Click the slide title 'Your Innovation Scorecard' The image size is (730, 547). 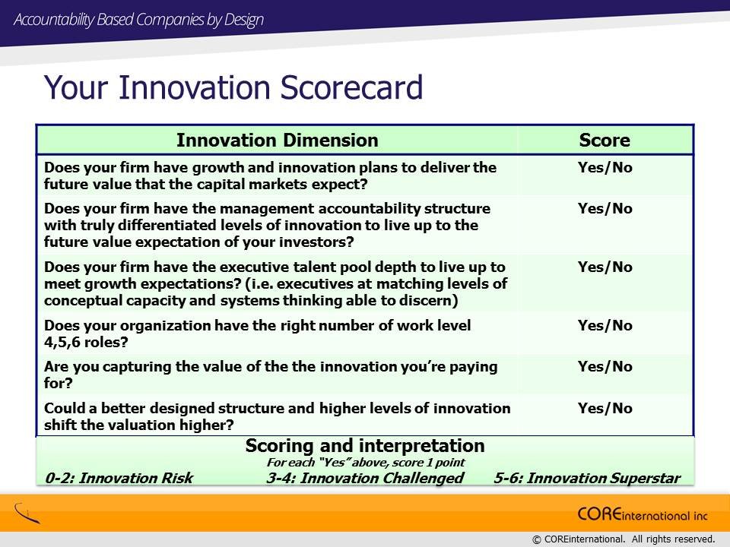coord(233,87)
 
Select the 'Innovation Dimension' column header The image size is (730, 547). coord(277,140)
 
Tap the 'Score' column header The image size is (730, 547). coord(605,140)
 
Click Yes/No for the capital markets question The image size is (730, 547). coord(605,167)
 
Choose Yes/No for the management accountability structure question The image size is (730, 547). coord(605,208)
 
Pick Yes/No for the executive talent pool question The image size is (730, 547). coord(605,267)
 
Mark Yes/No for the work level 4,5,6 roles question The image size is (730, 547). coord(605,326)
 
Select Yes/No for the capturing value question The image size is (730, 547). coord(605,366)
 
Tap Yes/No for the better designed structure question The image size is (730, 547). coord(605,409)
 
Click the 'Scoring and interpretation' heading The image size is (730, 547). coord(365,446)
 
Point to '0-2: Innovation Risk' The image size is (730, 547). coord(119,478)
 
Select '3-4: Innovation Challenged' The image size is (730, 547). coord(365,478)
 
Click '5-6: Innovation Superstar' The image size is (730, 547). coord(586,478)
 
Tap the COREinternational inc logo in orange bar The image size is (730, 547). coord(643,514)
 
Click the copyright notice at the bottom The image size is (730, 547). coord(623,539)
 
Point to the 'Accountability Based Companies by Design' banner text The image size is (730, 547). coord(138,20)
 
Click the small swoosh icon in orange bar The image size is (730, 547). coord(27,513)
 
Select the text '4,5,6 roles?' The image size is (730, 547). coord(86,343)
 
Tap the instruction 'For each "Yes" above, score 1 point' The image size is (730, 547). coord(366,463)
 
